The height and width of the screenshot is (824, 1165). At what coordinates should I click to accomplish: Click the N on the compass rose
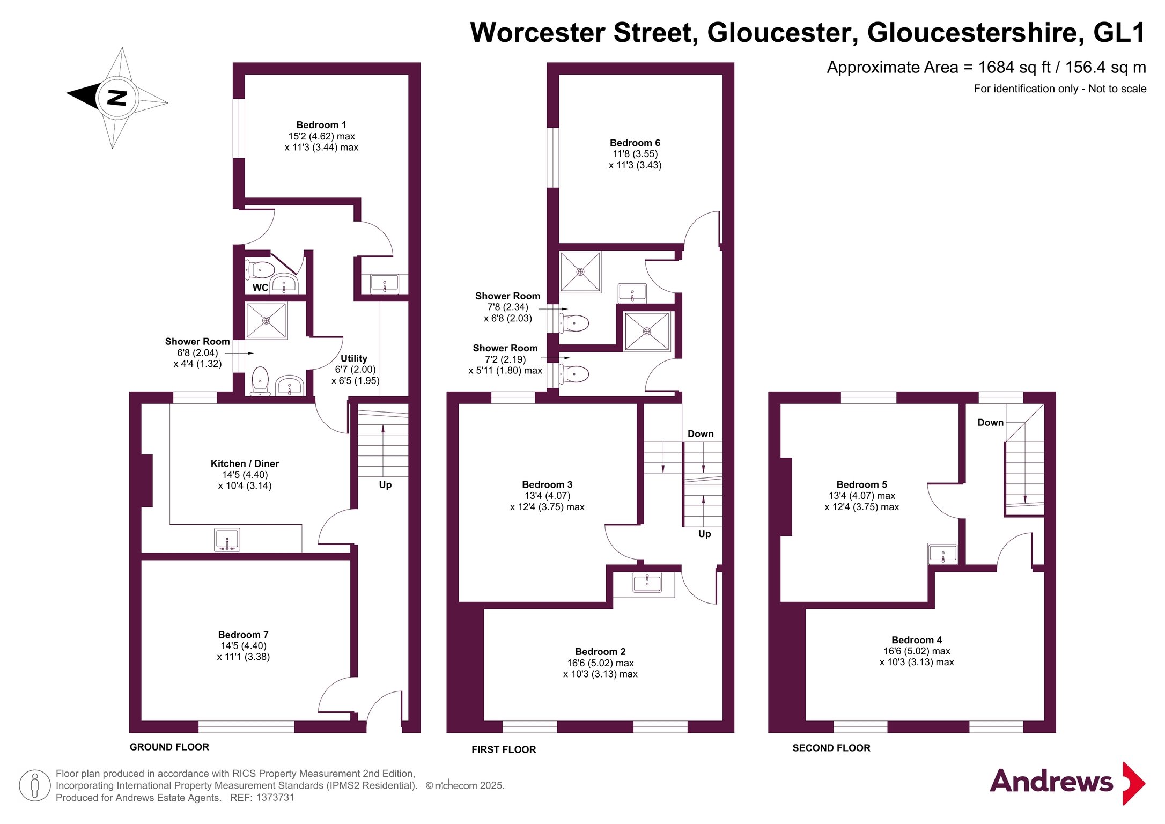(117, 98)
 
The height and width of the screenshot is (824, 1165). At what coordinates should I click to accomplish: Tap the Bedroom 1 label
(321, 125)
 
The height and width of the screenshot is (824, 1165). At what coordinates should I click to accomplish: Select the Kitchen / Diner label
(245, 464)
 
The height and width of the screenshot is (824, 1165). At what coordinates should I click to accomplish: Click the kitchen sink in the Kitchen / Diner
(227, 540)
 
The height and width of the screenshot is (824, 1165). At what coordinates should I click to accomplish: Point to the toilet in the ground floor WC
(260, 269)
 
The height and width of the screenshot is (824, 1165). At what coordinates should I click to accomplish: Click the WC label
(260, 288)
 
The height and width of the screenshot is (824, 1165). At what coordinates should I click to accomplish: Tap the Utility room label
(354, 358)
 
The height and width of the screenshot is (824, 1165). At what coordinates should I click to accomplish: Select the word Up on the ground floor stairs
(385, 485)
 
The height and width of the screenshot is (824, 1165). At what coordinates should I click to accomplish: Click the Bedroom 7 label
(243, 635)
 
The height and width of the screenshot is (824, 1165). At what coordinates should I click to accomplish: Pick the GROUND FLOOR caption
(169, 747)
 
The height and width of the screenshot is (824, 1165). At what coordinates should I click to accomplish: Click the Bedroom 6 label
(635, 143)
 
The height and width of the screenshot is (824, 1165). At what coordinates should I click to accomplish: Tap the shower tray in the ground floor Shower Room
(266, 320)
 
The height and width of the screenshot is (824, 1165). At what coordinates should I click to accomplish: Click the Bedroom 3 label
(547, 484)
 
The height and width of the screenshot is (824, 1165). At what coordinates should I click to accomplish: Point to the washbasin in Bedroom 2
(647, 582)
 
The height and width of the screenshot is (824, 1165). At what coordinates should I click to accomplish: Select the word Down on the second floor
(990, 423)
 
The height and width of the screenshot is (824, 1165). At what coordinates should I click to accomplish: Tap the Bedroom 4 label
(917, 640)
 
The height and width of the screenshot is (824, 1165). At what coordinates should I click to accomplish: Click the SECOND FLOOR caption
(831, 748)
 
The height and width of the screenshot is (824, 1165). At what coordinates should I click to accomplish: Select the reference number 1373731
(275, 798)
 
